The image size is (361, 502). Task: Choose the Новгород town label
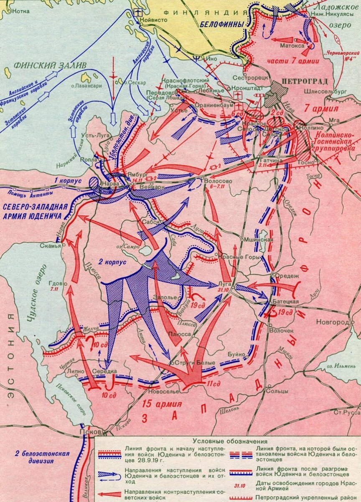pyautogui.click(x=333, y=323)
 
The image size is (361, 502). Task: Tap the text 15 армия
pyautogui.click(x=161, y=404)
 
